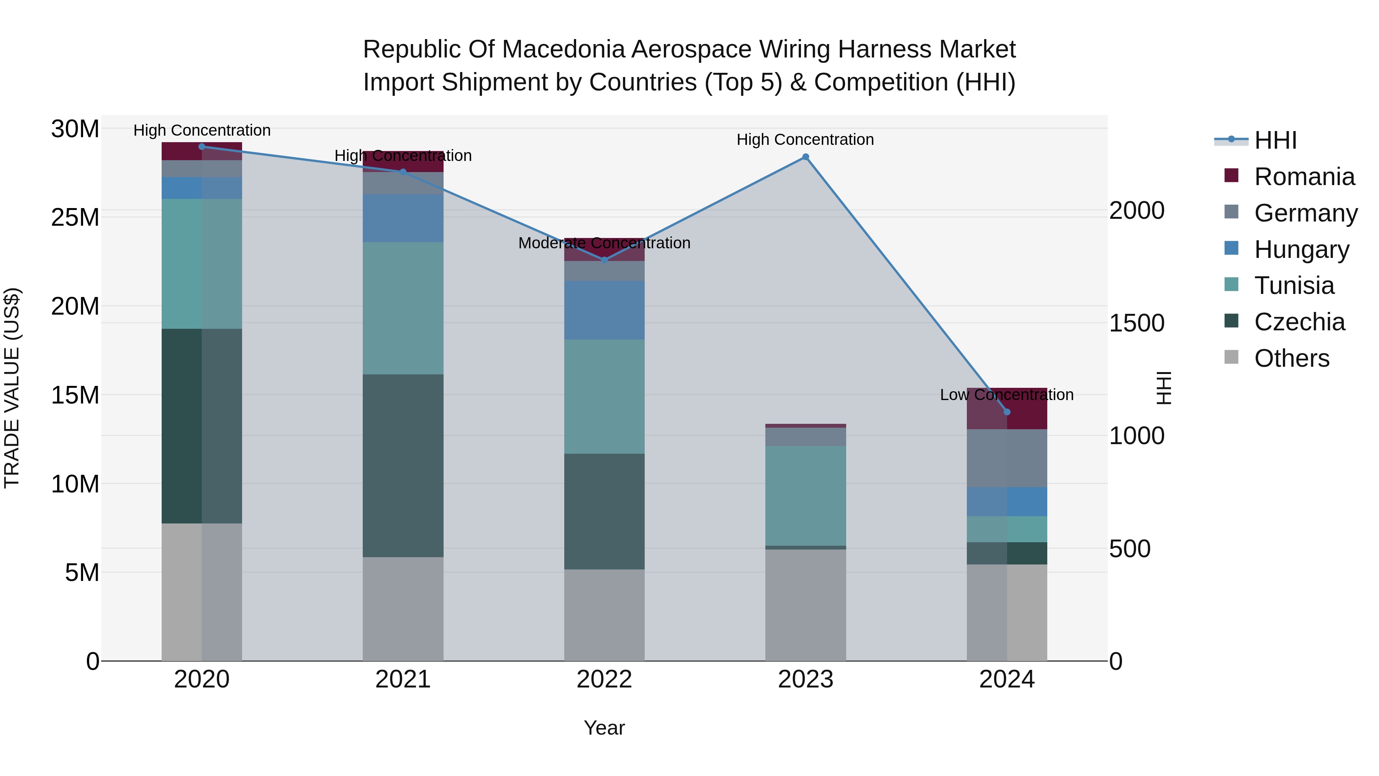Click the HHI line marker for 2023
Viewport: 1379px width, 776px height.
[805, 157]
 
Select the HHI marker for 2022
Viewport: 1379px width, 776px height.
[604, 260]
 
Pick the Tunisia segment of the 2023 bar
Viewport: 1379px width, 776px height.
[805, 495]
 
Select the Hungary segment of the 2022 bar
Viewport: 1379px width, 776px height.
[604, 310]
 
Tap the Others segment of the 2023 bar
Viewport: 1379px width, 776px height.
[805, 605]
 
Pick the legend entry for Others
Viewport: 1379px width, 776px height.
[1291, 358]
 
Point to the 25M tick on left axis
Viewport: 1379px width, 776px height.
[75, 217]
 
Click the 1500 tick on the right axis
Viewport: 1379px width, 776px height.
[1137, 323]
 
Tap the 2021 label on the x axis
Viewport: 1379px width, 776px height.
[403, 679]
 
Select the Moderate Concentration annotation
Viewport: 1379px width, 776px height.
[604, 243]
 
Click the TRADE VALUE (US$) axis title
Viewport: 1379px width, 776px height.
[12, 388]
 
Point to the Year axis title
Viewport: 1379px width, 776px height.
[604, 728]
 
